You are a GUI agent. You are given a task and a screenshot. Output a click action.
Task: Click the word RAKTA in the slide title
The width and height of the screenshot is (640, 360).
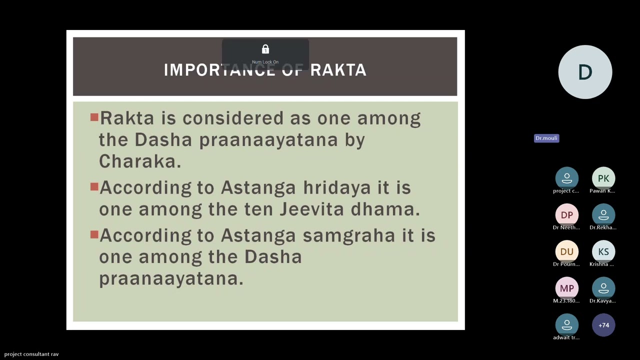click(x=338, y=70)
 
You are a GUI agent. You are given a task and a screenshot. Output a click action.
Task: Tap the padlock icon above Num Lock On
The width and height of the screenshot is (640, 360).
click(x=265, y=49)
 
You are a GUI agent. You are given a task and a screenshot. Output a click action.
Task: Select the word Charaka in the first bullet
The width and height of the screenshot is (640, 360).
click(x=139, y=161)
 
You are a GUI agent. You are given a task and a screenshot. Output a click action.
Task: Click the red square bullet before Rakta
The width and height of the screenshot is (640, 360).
click(x=94, y=117)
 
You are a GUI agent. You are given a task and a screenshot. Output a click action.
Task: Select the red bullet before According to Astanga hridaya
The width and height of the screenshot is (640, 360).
click(x=94, y=187)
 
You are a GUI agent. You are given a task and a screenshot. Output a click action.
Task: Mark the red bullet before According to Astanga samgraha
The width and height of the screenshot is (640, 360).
click(x=94, y=234)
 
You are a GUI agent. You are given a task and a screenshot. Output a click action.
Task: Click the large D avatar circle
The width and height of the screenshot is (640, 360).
click(x=585, y=72)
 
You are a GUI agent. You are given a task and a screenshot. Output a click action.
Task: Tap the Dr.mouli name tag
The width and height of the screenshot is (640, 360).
click(x=546, y=138)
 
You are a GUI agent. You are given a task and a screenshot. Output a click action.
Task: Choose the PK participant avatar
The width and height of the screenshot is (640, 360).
click(x=603, y=178)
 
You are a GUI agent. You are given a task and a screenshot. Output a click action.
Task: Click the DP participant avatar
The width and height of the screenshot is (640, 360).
click(x=566, y=215)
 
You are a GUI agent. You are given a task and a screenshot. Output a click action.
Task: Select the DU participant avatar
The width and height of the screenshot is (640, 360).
click(x=566, y=251)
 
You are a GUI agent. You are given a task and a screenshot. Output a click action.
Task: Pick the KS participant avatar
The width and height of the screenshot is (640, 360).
click(x=603, y=251)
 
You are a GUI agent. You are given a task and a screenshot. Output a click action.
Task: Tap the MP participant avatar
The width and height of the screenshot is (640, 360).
click(x=566, y=288)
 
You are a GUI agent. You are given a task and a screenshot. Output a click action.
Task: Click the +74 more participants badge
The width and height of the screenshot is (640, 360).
click(x=603, y=325)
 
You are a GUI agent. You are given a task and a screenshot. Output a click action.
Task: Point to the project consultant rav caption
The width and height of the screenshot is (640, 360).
click(x=31, y=354)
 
